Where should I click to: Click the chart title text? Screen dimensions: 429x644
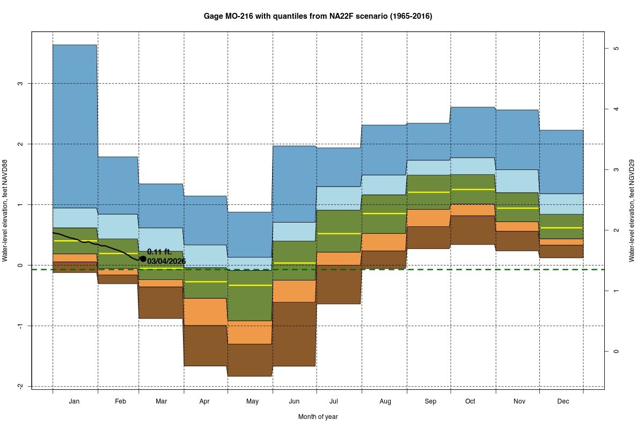[318, 16]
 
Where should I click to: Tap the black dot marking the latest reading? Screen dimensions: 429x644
[143, 258]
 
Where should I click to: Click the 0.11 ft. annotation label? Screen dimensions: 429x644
[159, 252]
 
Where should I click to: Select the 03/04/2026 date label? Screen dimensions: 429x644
[166, 261]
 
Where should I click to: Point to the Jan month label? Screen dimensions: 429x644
[75, 401]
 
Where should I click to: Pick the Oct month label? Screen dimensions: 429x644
[470, 401]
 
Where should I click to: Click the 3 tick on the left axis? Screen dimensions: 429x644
[20, 84]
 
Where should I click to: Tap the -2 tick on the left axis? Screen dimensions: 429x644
[20, 387]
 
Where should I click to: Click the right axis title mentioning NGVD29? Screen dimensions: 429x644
[633, 211]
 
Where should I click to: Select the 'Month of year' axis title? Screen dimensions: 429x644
[318, 417]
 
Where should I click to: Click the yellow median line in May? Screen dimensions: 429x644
[250, 285]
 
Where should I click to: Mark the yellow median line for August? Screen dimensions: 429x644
[384, 213]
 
